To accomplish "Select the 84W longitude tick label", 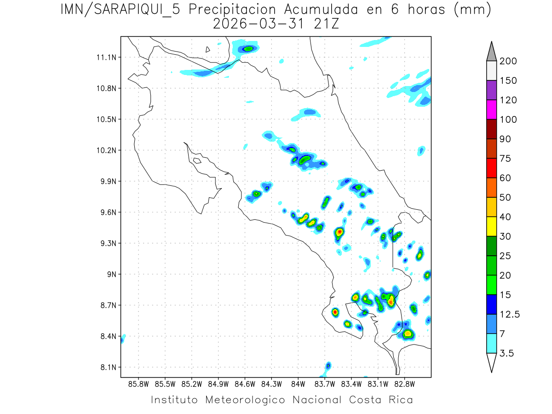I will point(298,384).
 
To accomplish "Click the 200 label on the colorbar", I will point(508,61).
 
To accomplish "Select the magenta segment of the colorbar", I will point(491,110).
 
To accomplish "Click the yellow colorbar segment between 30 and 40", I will point(491,226).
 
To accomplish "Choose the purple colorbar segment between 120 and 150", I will point(491,90).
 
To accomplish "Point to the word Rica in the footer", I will point(401,399).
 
